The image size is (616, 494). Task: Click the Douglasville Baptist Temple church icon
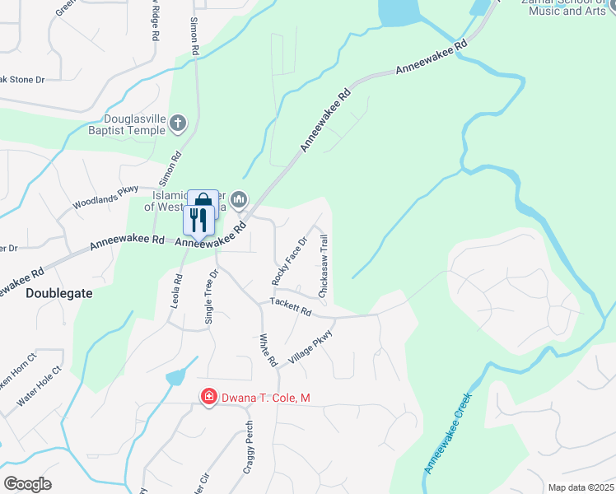coord(178,124)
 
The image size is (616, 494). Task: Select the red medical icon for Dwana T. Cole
coord(209,398)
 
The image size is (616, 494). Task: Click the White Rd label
coord(267,349)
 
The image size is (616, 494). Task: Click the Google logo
coord(27,484)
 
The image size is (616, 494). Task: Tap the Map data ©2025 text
coord(581,487)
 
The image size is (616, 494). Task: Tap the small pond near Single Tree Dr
coord(175,378)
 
